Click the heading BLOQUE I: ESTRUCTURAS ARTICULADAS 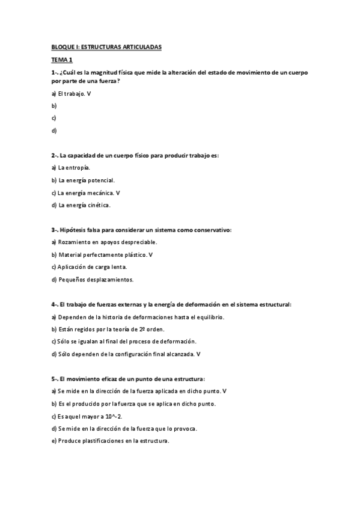(106, 48)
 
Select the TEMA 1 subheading (61, 60)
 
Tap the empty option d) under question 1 (54, 130)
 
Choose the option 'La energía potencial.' (83, 180)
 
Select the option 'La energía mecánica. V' (85, 192)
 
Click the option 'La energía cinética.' (81, 205)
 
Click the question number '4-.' (55, 304)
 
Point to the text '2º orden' (151, 329)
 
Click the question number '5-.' (55, 379)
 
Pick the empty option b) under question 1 (54, 106)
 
